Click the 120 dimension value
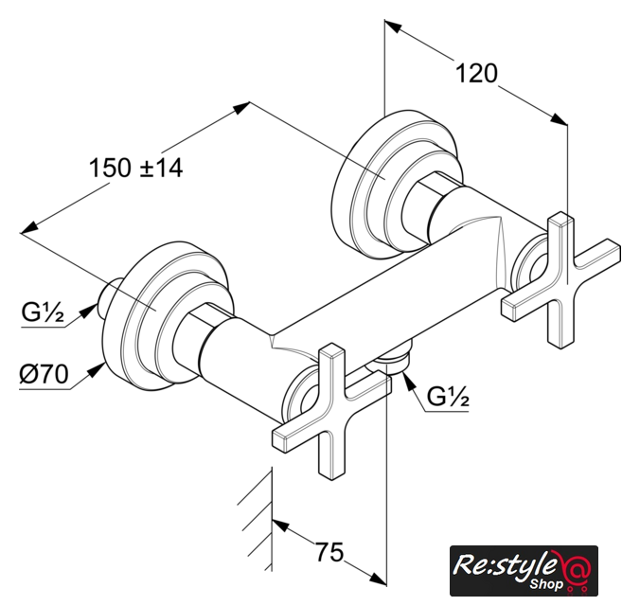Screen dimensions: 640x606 476,74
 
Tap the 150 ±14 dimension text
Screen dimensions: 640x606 136,168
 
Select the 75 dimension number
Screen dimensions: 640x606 329,553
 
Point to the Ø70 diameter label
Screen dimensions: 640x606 44,374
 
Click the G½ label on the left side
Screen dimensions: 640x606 43,312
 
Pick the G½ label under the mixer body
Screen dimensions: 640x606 448,396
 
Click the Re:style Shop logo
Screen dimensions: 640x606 524,570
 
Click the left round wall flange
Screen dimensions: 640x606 168,315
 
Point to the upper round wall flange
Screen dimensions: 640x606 397,185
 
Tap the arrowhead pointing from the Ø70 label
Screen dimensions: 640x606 96,371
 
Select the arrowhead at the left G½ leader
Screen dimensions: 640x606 89,312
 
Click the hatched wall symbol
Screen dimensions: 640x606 255,519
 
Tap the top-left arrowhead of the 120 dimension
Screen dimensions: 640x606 393,27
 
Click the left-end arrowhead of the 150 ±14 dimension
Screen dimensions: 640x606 29,228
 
